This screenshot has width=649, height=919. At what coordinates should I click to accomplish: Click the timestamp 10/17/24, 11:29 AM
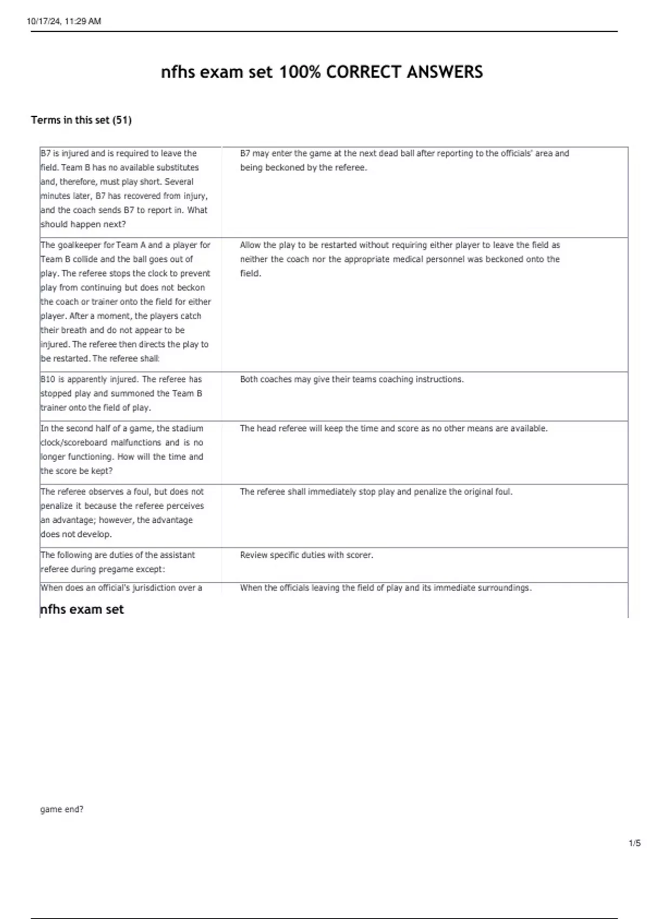tap(64, 21)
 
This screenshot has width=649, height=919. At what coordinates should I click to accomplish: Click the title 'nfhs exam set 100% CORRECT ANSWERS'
tap(322, 72)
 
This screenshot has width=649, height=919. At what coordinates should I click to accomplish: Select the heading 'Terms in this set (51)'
tap(81, 120)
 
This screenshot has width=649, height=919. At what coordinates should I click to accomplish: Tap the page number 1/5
tap(634, 843)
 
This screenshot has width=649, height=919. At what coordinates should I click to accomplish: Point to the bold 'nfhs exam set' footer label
tap(82, 609)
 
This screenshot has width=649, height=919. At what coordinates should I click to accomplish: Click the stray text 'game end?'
tap(62, 809)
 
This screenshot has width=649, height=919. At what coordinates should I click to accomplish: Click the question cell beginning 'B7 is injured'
tap(124, 189)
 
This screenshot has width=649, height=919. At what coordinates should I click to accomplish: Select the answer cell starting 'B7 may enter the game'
tap(405, 161)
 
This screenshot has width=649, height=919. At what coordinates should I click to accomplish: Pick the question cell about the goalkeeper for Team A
tap(125, 302)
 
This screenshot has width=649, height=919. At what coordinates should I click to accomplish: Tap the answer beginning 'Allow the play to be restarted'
tap(400, 259)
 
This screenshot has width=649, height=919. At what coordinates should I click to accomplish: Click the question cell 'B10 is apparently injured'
tap(122, 394)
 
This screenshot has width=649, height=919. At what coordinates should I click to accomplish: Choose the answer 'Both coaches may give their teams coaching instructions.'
tap(352, 379)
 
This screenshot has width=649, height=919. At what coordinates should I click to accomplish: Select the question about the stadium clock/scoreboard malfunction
tap(122, 449)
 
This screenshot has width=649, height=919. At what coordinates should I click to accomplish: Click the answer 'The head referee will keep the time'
tap(394, 428)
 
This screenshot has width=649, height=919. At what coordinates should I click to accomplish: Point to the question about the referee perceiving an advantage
tap(122, 512)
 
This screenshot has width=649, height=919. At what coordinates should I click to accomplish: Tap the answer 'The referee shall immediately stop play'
tap(376, 492)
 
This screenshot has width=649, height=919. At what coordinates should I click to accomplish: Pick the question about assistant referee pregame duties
tap(118, 562)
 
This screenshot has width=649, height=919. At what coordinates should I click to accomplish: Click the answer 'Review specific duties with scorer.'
tap(307, 555)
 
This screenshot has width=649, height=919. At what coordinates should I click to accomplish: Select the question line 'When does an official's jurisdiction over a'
tap(121, 588)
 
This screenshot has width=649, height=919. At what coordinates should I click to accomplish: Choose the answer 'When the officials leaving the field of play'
tap(386, 588)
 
